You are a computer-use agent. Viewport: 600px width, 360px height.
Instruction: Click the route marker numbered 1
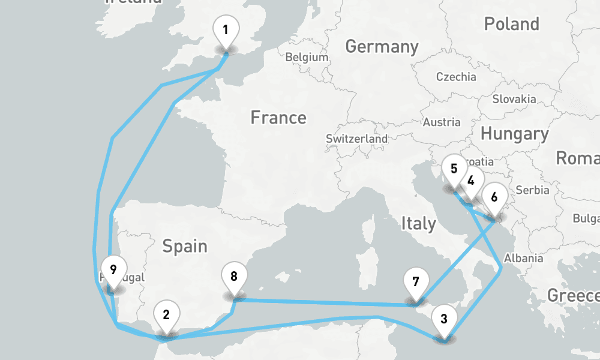click(x=226, y=30)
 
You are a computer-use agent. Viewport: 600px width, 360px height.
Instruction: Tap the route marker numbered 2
click(x=166, y=314)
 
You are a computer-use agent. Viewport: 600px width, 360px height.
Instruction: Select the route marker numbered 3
click(x=443, y=319)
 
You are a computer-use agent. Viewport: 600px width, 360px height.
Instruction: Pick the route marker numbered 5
click(x=454, y=169)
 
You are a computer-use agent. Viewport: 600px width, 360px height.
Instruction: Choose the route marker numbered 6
click(x=494, y=197)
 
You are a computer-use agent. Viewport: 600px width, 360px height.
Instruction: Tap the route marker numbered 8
click(x=234, y=277)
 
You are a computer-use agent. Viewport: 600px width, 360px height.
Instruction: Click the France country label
click(x=278, y=118)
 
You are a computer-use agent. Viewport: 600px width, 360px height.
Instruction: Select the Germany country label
click(x=382, y=47)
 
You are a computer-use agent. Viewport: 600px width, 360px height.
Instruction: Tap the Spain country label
click(x=185, y=245)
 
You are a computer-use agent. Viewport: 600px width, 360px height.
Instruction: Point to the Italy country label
click(x=418, y=224)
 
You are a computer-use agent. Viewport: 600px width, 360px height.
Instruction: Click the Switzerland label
click(x=356, y=139)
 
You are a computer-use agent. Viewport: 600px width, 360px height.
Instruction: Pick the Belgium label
click(x=307, y=58)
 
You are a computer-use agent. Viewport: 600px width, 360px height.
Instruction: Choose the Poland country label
click(x=511, y=25)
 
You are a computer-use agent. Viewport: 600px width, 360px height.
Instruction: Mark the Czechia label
click(x=456, y=77)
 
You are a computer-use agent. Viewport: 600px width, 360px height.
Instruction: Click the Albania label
click(x=523, y=259)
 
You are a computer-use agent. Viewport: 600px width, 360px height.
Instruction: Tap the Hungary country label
click(x=514, y=134)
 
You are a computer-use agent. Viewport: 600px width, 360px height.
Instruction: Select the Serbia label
click(x=532, y=190)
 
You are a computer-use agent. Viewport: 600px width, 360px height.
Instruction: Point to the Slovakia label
click(x=514, y=99)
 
